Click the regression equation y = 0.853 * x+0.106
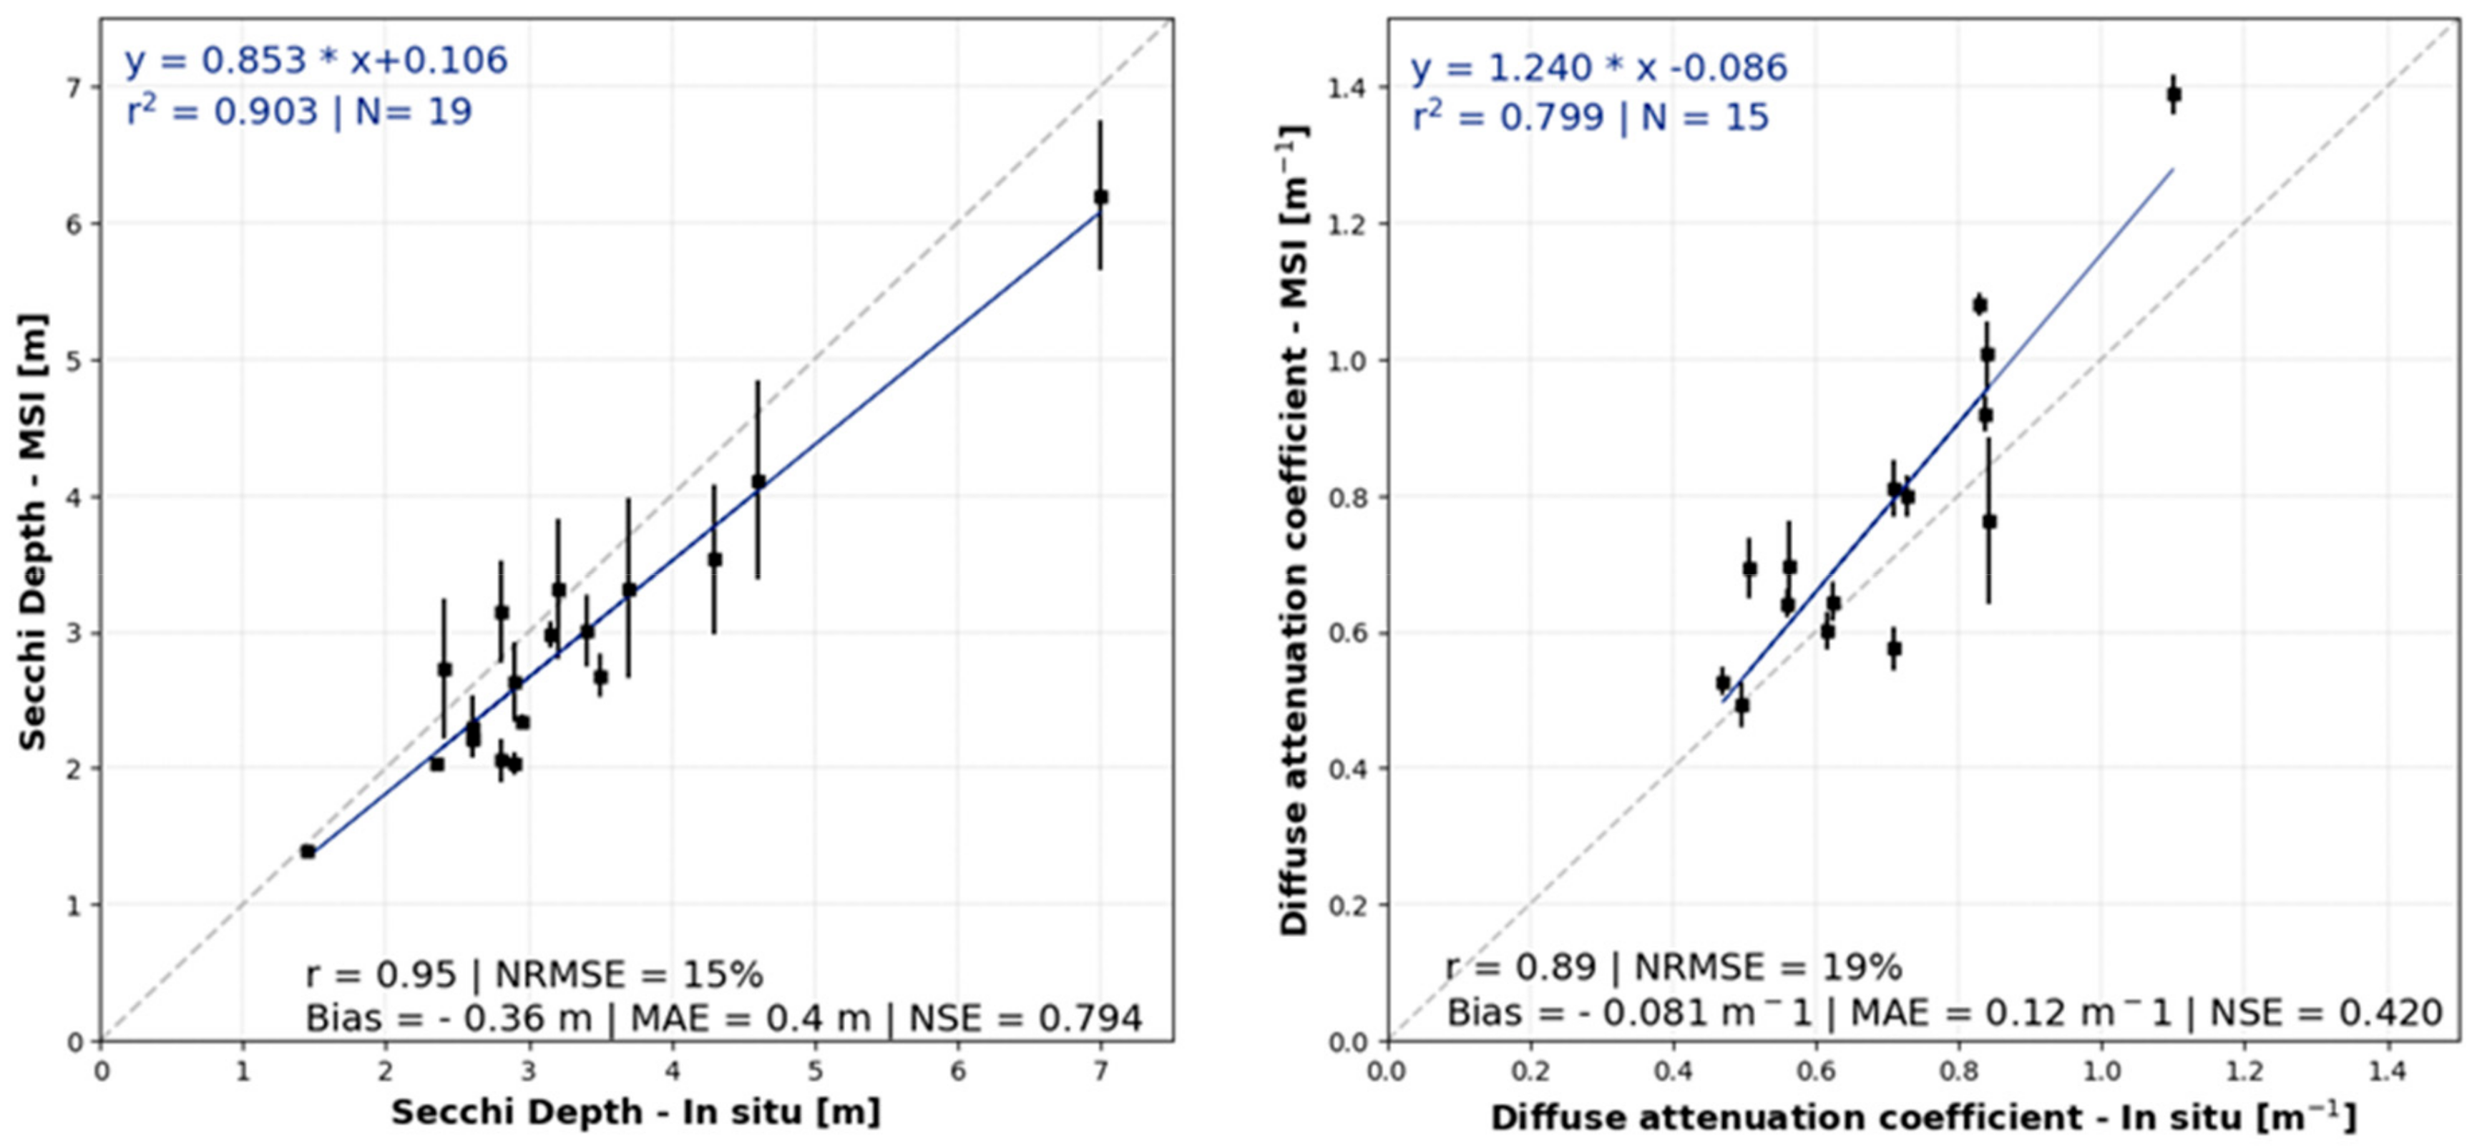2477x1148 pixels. pyautogui.click(x=316, y=61)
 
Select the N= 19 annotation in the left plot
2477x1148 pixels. pyautogui.click(x=414, y=112)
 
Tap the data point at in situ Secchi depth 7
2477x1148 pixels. pyautogui.click(x=1101, y=197)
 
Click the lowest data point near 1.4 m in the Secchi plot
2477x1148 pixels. pyautogui.click(x=308, y=851)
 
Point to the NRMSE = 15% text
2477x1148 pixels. pyautogui.click(x=629, y=975)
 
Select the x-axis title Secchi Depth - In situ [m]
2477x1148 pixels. pyautogui.click(x=635, y=1112)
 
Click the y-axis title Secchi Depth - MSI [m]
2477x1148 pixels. pyautogui.click(x=34, y=531)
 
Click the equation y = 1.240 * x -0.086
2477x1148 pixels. pyautogui.click(x=1598, y=68)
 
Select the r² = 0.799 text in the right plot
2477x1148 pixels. pyautogui.click(x=1508, y=117)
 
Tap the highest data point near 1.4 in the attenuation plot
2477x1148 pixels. pyautogui.click(x=2173, y=94)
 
